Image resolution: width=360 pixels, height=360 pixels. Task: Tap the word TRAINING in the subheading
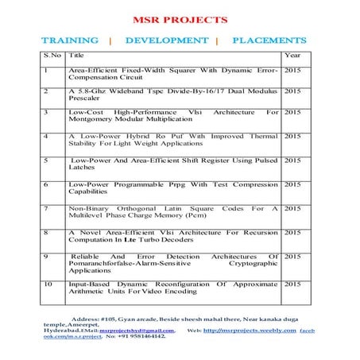coord(70,40)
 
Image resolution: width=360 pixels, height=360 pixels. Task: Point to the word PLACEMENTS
coord(269,40)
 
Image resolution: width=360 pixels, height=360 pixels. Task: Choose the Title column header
coord(77,56)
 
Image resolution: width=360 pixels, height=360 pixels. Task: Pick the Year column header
coord(292,56)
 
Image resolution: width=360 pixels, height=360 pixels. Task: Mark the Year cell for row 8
coord(292,232)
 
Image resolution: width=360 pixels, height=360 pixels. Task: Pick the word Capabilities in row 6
coord(89,192)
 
